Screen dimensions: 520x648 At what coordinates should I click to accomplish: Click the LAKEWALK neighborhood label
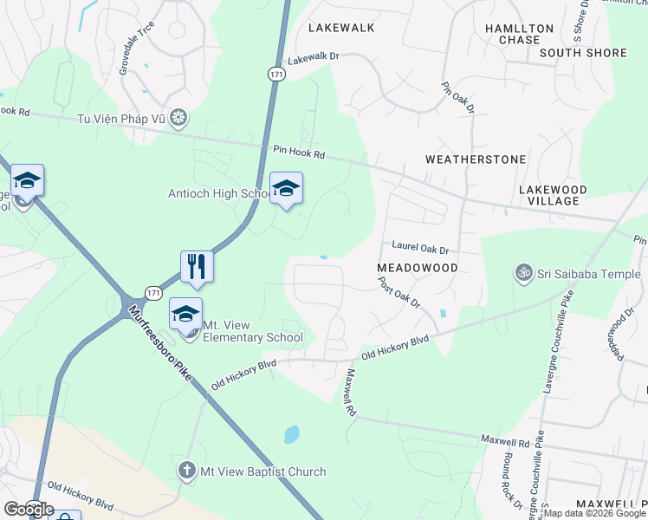click(342, 28)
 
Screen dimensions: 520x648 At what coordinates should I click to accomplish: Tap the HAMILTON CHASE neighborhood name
click(519, 34)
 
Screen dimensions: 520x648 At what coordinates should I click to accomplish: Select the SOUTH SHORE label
click(582, 53)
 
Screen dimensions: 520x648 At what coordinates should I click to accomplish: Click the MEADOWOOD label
click(417, 268)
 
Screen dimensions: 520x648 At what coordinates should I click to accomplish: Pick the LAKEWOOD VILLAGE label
click(553, 195)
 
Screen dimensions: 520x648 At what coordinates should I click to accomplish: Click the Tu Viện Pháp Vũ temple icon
click(178, 118)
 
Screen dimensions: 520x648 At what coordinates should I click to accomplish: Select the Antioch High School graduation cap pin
click(286, 188)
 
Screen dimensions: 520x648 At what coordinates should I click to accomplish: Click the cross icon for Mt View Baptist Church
click(186, 471)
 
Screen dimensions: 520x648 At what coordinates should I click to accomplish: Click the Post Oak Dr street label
click(399, 293)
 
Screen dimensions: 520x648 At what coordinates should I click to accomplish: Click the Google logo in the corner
click(28, 509)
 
